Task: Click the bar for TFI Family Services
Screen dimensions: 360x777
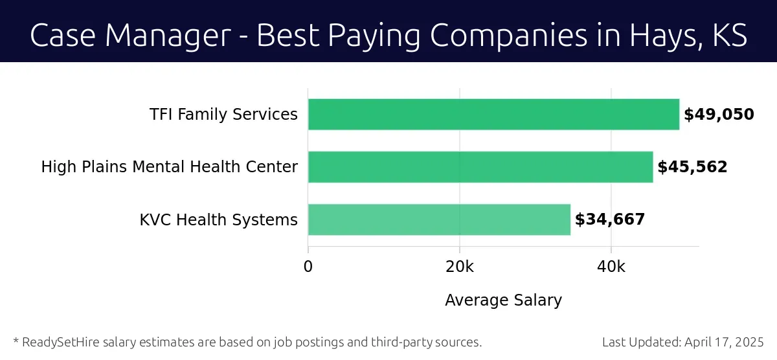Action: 493,115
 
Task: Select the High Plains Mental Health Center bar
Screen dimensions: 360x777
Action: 480,167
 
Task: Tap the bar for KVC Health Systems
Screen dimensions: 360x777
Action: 439,219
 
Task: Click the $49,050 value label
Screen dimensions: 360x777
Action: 719,115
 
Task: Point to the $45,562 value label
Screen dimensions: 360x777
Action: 692,167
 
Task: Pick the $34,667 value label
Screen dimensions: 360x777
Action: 610,219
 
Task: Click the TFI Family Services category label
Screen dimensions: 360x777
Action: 223,115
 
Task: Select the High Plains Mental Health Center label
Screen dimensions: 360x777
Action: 170,167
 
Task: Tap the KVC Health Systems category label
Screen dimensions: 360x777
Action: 219,219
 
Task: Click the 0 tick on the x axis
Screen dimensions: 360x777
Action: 308,266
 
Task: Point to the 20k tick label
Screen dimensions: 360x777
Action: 460,266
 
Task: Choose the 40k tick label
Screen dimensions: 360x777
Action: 611,266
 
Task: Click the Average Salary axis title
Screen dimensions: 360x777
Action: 503,300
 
